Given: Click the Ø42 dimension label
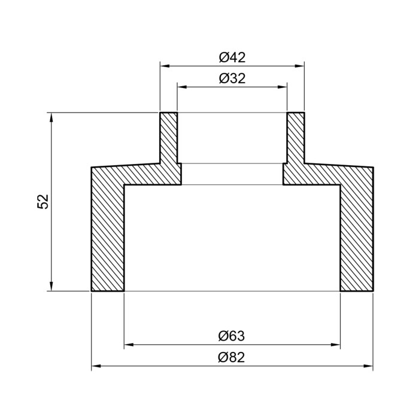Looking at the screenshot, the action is coord(232,57).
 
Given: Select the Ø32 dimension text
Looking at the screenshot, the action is coord(232,78).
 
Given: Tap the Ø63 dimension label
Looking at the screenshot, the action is coord(232,336).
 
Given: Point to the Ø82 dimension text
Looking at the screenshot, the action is coord(232,357).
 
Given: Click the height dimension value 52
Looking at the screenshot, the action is coord(42,202).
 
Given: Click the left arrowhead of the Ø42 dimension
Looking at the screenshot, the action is coord(165,66).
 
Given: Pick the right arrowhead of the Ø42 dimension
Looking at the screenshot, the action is coord(299,66).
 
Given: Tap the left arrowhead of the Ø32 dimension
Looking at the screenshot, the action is coord(182,87).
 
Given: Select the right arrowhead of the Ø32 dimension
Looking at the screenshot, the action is coord(282,87).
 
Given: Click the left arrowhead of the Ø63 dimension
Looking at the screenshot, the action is coord(129,345).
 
